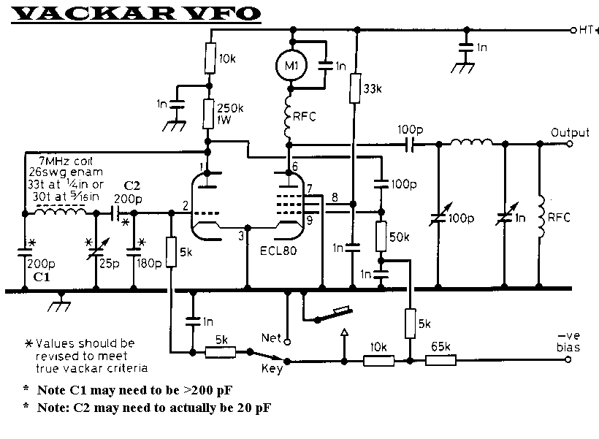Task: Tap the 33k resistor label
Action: tap(373, 89)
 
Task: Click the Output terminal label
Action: tap(571, 133)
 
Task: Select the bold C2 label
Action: tap(132, 186)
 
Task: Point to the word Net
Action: tap(271, 337)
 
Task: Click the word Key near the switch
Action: tap(272, 368)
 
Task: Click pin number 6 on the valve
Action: tap(295, 167)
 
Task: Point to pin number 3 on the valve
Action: tap(241, 235)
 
